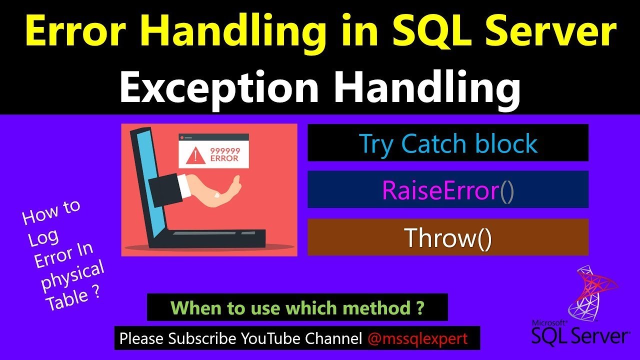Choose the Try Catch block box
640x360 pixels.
[x=447, y=143]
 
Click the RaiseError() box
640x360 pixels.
[x=447, y=190]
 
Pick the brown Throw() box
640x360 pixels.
[x=447, y=238]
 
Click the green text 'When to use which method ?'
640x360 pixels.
[x=297, y=307]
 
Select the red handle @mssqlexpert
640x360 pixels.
[x=417, y=338]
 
